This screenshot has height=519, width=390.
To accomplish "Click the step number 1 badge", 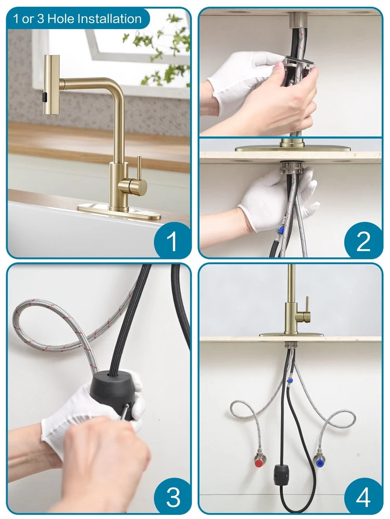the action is click(x=172, y=241).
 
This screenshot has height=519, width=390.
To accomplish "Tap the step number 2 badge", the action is click(x=363, y=241).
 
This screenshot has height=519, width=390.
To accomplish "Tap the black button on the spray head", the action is click(x=44, y=98).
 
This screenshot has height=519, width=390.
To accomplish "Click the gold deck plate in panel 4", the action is click(x=292, y=335).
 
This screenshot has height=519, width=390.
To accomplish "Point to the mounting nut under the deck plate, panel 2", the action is click(x=292, y=167).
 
